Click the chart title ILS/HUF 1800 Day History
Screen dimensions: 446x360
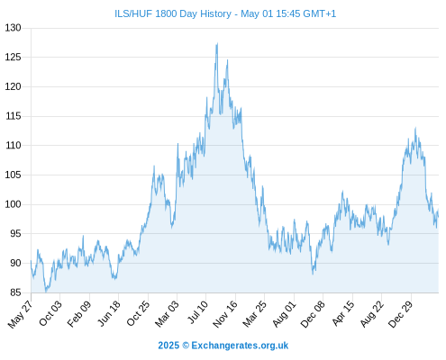click(x=173, y=13)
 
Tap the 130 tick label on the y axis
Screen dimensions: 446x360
click(x=13, y=28)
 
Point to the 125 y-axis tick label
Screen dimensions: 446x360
click(x=13, y=57)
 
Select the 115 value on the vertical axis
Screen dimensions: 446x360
click(x=13, y=116)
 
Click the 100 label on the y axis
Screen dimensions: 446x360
click(x=13, y=204)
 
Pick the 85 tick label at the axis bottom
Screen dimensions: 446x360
click(x=15, y=292)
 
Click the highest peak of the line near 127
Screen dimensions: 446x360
click(x=217, y=43)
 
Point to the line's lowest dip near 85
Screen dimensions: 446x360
click(x=46, y=292)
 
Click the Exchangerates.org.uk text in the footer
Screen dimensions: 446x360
click(x=240, y=346)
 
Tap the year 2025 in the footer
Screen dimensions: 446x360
click(x=168, y=346)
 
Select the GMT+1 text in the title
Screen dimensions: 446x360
click(x=320, y=13)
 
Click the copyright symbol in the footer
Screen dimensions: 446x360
click(x=186, y=346)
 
